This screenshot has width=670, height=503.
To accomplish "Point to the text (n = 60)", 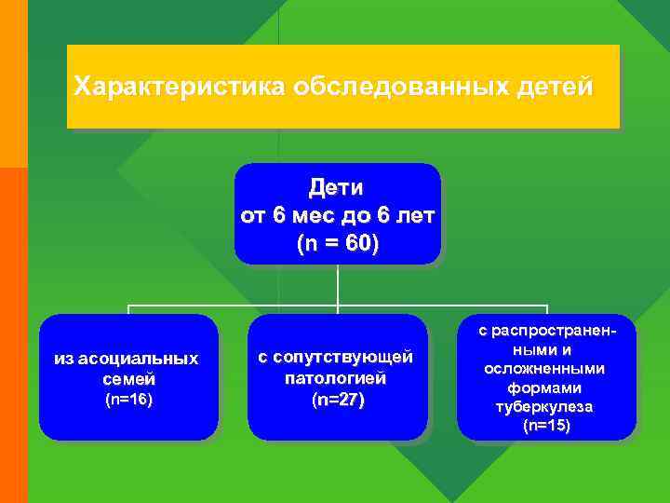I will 337,244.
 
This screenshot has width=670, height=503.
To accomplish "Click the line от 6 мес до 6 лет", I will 337,216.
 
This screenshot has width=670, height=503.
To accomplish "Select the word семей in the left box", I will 129,379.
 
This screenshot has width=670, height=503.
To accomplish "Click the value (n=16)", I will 128,400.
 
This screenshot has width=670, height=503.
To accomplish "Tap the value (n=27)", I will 338,400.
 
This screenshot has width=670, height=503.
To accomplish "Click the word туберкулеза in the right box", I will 545,407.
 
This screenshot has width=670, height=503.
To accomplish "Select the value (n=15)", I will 547,426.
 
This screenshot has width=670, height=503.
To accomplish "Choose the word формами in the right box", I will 545,387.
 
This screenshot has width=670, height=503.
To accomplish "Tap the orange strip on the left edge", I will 13,335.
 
